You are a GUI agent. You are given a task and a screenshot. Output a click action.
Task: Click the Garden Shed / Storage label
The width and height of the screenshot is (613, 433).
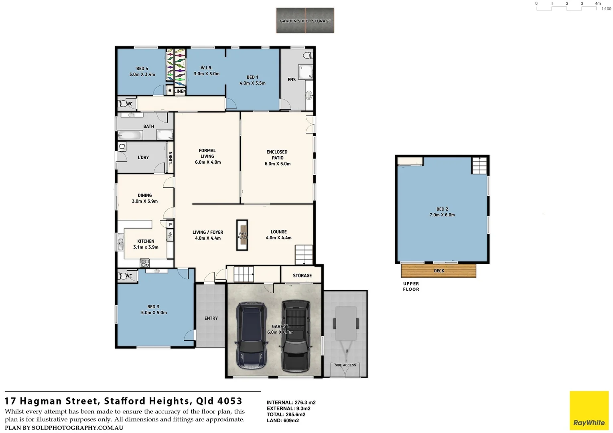[305, 21]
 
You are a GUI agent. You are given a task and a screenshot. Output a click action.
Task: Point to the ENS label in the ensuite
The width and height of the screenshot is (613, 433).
[292, 80]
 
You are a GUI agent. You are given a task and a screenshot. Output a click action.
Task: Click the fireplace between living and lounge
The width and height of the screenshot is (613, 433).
[242, 235]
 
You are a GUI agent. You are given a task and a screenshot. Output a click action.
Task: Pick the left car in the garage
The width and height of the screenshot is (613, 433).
[252, 336]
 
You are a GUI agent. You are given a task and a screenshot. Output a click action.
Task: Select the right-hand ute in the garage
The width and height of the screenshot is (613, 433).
[296, 336]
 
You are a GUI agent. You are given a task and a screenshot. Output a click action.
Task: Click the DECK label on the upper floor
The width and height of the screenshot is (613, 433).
[439, 271]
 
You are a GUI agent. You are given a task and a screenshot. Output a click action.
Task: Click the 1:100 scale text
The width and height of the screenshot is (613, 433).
[606, 9]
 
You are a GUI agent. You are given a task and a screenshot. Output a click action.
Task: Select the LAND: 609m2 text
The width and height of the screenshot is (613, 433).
[283, 421]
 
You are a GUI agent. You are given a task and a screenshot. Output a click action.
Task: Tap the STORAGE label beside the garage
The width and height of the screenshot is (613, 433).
[302, 276]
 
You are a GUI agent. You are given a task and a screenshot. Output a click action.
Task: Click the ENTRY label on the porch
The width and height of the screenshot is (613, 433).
[211, 318]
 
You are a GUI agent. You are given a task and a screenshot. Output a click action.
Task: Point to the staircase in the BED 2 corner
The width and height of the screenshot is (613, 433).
[479, 166]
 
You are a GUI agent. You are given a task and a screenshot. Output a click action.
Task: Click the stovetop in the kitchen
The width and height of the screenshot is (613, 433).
[145, 263]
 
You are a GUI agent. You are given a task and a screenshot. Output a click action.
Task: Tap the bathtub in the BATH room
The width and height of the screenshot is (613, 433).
[129, 135]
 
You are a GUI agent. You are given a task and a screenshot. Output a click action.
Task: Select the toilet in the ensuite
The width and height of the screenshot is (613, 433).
[308, 55]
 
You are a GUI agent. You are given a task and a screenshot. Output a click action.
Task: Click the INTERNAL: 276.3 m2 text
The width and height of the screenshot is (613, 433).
[291, 403]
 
